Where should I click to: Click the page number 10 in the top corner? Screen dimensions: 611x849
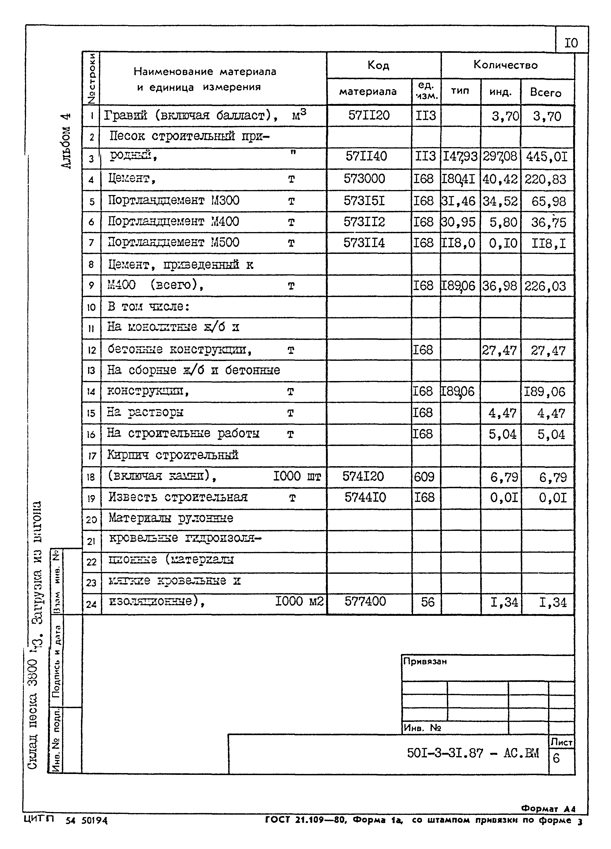click(571, 43)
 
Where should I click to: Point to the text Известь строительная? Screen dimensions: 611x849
click(178, 497)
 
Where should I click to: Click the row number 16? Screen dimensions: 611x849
click(91, 434)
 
